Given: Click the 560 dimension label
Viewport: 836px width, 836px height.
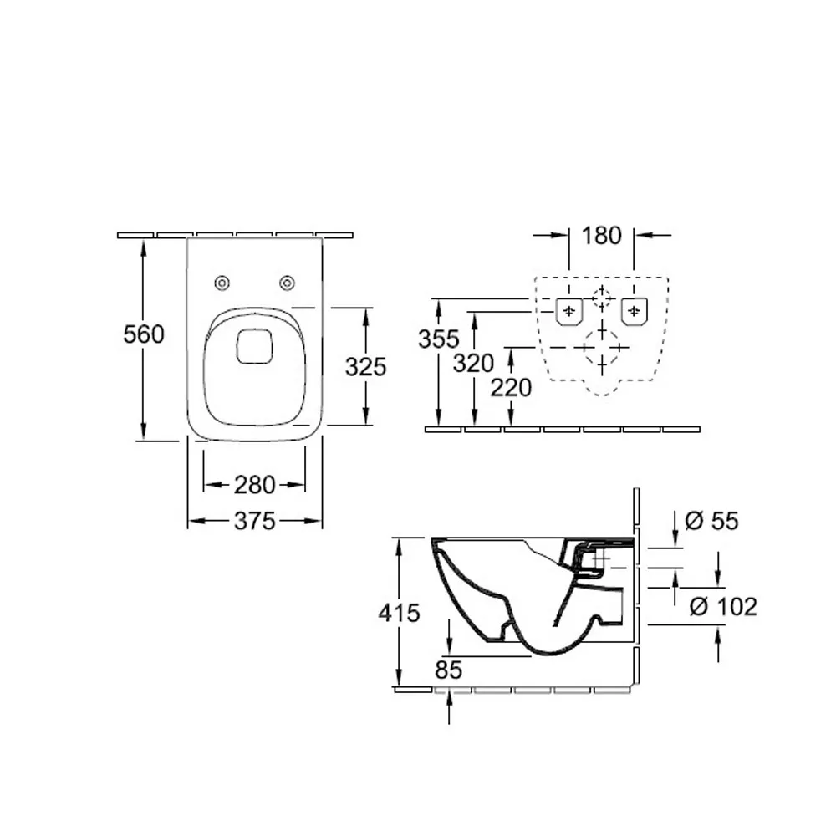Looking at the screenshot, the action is point(144,335).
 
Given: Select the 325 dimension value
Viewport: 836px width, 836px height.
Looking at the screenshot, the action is point(366,367).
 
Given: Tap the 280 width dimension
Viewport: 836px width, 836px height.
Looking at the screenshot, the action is point(255,485).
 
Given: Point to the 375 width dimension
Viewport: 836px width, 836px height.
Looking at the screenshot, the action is point(255,521).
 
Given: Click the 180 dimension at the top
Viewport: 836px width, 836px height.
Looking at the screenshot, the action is point(601,236).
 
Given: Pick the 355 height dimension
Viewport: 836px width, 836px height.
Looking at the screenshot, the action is point(439,339).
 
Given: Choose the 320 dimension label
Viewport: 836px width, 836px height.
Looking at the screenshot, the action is point(473,364).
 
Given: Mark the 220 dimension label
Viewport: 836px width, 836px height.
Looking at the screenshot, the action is point(511,388).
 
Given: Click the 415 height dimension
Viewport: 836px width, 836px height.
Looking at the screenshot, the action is point(400,613).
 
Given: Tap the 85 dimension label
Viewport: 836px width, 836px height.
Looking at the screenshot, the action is point(448,670).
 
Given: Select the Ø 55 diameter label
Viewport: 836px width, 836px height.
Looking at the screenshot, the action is point(711,521).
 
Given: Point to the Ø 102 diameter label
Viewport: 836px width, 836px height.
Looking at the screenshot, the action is point(723,607).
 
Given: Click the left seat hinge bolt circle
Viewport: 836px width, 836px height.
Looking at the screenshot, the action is point(222,283).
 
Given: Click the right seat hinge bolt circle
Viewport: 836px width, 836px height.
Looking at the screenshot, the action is point(288,283).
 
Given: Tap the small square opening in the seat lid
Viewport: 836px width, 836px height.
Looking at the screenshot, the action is point(255,347).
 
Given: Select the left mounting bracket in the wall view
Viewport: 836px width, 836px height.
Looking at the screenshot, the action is point(569,311).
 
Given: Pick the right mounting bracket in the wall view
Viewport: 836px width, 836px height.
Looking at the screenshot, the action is point(635,311).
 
